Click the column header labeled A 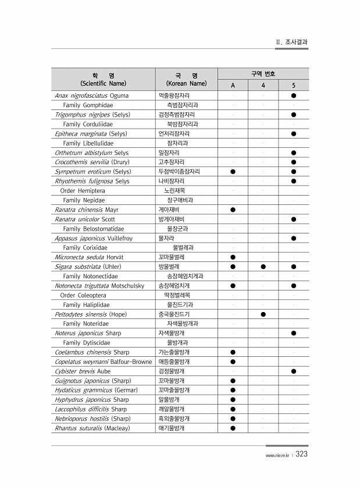point(233,85)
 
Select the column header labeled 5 point(294,85)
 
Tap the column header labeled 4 point(263,85)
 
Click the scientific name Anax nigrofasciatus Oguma point(91,95)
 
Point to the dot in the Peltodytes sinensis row point(263,314)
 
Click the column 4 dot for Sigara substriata point(263,267)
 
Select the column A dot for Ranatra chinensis point(233,210)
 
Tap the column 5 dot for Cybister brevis point(294,371)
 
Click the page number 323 point(301,455)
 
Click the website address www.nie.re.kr point(277,455)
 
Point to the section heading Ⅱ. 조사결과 point(291,42)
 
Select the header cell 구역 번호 point(263,74)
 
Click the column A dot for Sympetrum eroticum point(233,172)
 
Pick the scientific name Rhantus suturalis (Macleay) point(92,428)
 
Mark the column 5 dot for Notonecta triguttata point(294,286)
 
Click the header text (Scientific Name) point(103,84)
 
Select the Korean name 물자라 point(166,238)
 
